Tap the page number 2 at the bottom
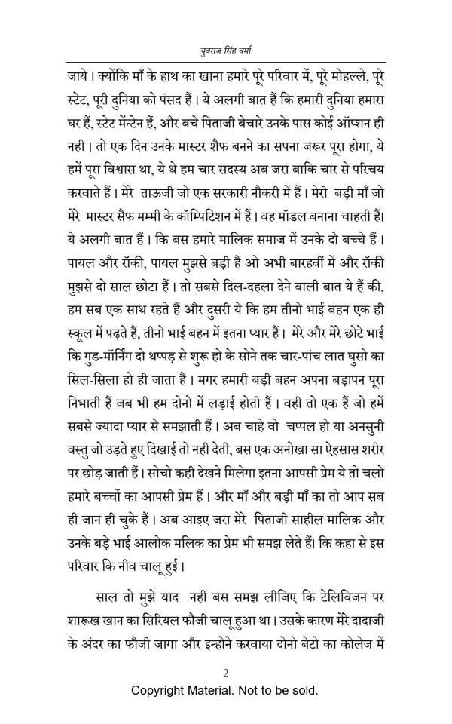(x=225, y=673)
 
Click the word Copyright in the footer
(x=160, y=691)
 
